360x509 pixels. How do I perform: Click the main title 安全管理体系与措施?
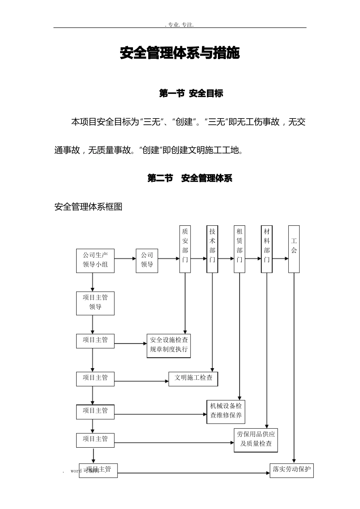point(180,53)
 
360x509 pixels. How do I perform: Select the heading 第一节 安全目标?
point(191,94)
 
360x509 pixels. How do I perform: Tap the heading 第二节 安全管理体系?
point(189,178)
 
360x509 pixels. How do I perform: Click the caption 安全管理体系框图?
point(88,207)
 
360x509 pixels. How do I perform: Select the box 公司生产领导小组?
point(95,260)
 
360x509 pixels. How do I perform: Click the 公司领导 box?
point(147,260)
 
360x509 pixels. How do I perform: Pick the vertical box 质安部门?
point(185,249)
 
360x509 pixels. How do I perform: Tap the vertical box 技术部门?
point(212,249)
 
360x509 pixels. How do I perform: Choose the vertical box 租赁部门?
point(239,249)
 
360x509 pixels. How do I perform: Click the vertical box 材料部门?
point(267,249)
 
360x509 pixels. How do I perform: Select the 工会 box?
point(294,249)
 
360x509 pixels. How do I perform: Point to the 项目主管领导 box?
point(95,303)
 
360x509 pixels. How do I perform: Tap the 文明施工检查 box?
point(193,378)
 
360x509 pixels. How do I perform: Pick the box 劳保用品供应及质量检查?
point(256,440)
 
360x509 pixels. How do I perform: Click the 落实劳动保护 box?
point(291,470)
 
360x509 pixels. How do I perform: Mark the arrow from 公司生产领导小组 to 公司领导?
point(125,259)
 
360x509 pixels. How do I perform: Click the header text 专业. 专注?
point(180,25)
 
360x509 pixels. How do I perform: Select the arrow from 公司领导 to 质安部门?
point(169,259)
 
